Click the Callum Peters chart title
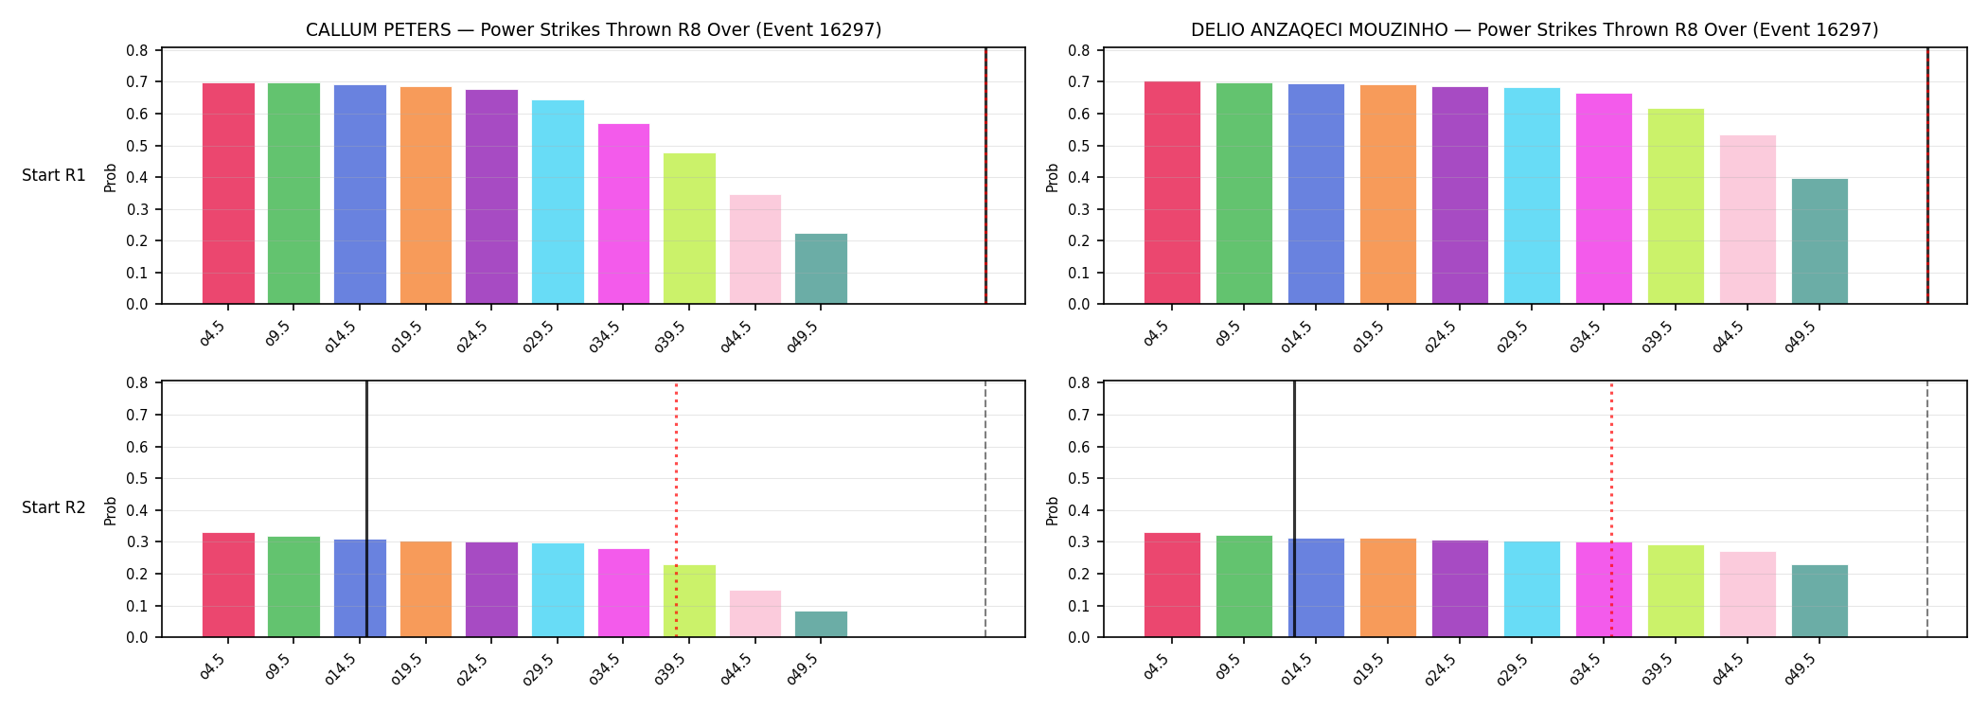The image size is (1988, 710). (x=594, y=30)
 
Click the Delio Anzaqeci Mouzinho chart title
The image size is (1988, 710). (x=1535, y=30)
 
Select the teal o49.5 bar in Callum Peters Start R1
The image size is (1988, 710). (x=821, y=269)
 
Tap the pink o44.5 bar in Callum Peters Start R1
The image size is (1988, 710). (x=755, y=249)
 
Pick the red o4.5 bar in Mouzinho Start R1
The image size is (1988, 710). (x=1172, y=192)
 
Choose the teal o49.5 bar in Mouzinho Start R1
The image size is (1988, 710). (x=1819, y=241)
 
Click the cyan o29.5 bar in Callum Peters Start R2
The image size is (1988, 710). (x=558, y=590)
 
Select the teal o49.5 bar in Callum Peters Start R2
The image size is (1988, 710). (x=821, y=624)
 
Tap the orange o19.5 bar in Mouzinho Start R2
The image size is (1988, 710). (x=1388, y=588)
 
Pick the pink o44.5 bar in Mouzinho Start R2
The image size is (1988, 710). (x=1748, y=595)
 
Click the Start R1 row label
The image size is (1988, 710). (x=54, y=176)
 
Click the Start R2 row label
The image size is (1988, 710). (x=54, y=508)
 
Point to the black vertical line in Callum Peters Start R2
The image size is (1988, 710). (x=366, y=508)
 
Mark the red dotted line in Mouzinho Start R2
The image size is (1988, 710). (x=1611, y=508)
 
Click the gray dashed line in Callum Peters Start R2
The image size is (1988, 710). (x=985, y=508)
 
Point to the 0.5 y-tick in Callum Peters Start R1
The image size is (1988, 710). (x=138, y=146)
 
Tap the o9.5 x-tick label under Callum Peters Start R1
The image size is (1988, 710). (x=277, y=334)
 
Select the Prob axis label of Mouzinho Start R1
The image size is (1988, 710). (x=1053, y=177)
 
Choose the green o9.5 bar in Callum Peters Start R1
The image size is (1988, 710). (x=293, y=193)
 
